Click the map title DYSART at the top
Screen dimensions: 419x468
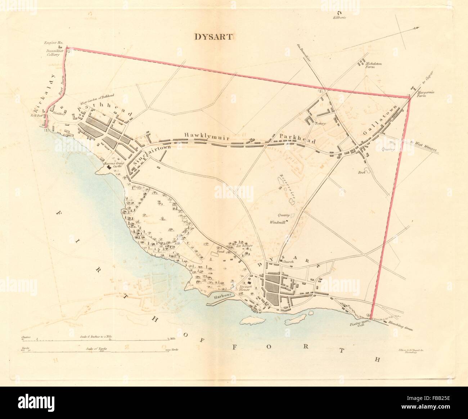(214, 36)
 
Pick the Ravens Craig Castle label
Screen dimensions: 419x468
(114, 165)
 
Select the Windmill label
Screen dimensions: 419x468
(277, 222)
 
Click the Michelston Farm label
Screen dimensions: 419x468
(373, 65)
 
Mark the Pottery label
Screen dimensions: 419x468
(320, 123)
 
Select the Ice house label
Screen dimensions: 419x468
(244, 246)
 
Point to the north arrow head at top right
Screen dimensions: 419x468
(418, 28)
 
